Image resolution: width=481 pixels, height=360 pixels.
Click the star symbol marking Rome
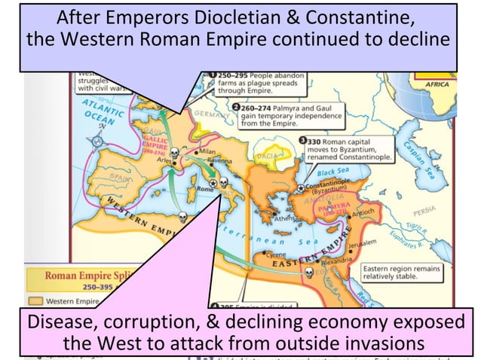[x=213, y=182]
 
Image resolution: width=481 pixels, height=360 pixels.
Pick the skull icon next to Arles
[x=175, y=154]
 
